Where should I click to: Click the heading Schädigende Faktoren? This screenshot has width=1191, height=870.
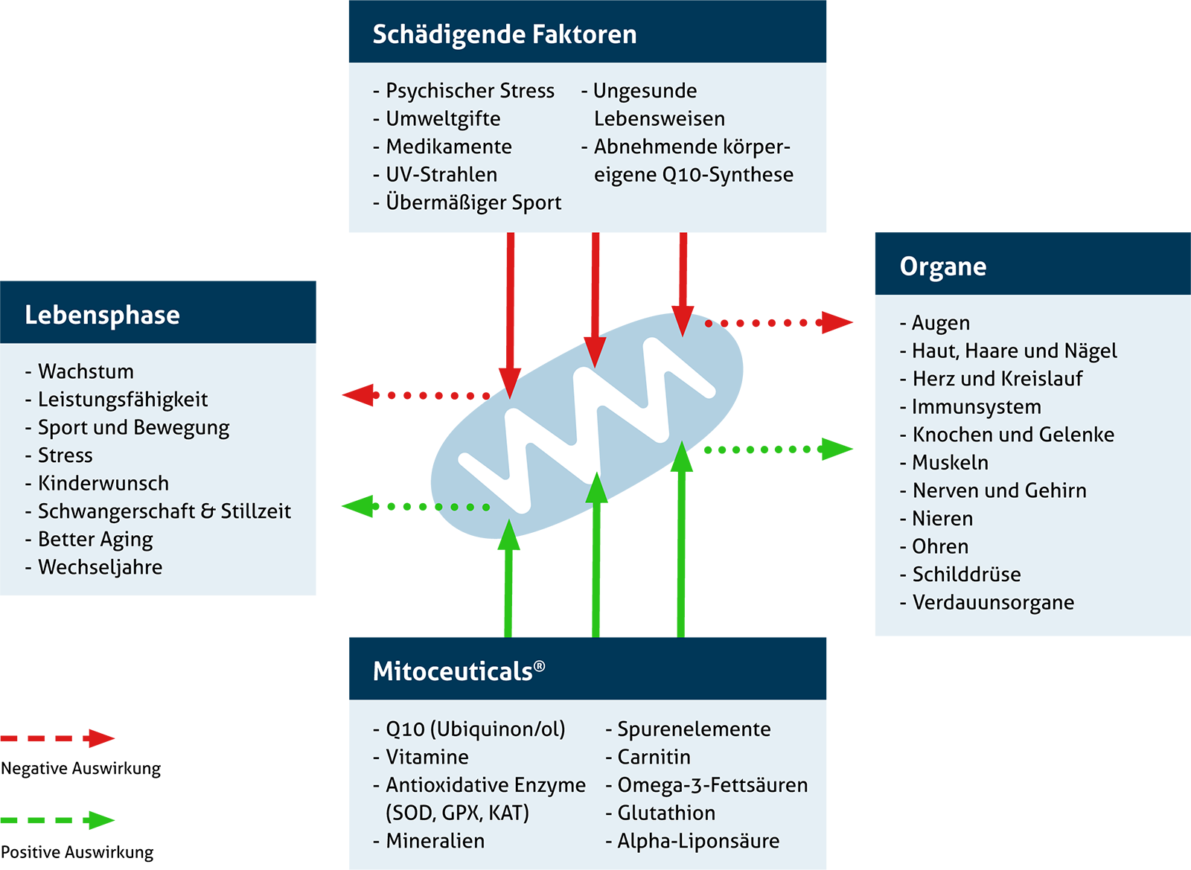tap(505, 35)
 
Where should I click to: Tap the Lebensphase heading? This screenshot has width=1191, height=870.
tap(102, 316)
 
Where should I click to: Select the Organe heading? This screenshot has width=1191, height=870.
tap(942, 267)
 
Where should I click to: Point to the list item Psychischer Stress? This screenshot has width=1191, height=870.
tap(470, 91)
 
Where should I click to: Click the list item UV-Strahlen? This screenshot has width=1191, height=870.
tap(441, 175)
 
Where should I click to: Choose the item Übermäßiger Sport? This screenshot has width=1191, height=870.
tap(473, 203)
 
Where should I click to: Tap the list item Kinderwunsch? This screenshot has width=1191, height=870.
tap(103, 484)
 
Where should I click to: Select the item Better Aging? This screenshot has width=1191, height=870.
tap(95, 540)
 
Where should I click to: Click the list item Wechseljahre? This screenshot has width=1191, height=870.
tap(100, 568)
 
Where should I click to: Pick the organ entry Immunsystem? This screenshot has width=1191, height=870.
tap(977, 407)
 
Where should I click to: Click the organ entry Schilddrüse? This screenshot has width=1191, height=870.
tap(966, 575)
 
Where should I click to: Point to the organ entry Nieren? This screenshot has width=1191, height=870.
tap(942, 519)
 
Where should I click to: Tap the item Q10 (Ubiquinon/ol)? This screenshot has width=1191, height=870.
tap(476, 729)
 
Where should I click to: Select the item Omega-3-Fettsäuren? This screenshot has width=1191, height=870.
tap(712, 785)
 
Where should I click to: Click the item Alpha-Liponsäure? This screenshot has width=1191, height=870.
tap(698, 841)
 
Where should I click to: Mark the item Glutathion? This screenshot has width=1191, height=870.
tap(666, 813)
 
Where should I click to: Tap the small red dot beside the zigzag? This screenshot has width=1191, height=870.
tap(709, 324)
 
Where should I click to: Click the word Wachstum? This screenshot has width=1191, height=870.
tap(86, 371)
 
